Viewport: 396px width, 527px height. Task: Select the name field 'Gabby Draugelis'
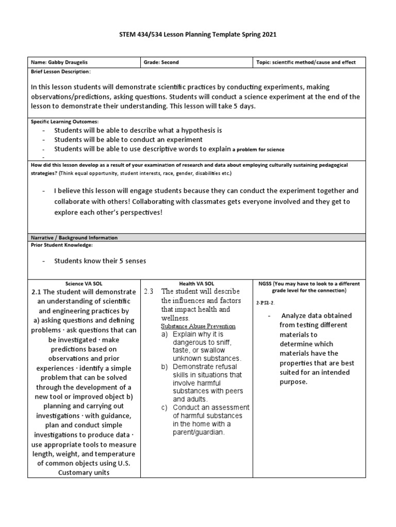65,62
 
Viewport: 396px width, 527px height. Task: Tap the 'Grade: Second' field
162,62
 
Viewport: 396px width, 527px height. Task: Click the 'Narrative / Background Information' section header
74,238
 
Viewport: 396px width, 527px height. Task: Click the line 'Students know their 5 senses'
100,261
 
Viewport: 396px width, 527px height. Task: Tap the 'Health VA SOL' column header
197,284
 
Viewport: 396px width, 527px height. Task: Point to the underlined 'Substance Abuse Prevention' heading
199,326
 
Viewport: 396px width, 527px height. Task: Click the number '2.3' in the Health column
150,291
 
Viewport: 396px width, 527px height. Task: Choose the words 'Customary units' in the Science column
84,472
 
